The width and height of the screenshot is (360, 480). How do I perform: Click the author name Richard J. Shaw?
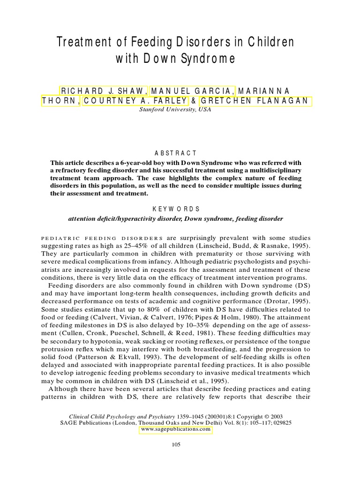[104, 90]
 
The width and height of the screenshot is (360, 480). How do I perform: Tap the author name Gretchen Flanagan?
[256, 101]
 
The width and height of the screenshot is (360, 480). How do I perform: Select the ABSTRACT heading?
[176, 153]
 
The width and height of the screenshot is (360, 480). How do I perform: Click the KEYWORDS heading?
[176, 209]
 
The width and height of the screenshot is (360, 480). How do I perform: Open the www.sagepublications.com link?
[176, 429]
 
